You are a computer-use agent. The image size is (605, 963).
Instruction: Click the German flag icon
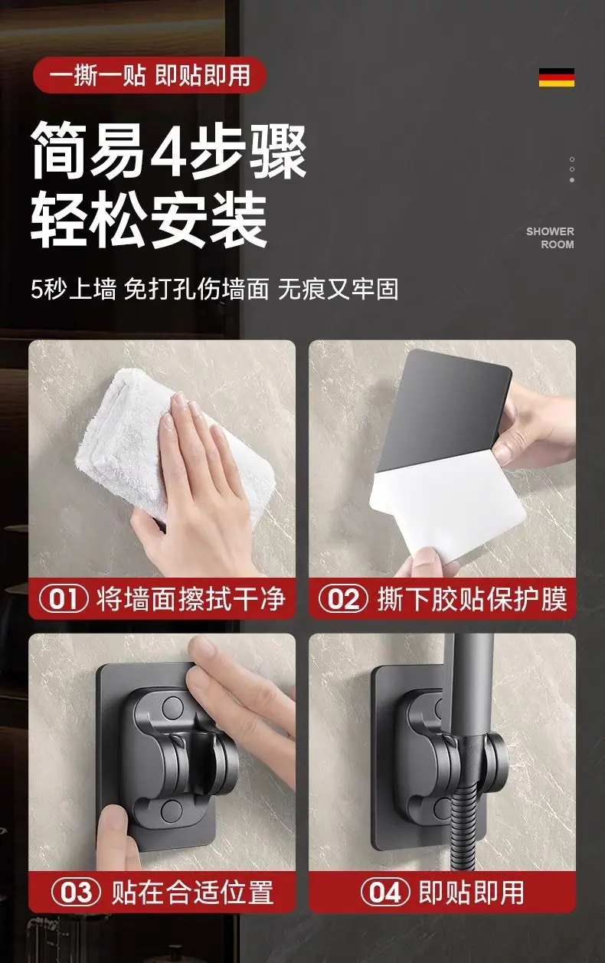coord(557,77)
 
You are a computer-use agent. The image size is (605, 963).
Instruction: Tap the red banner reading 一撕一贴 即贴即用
coord(149,75)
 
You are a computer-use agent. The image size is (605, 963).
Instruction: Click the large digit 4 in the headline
coord(169,150)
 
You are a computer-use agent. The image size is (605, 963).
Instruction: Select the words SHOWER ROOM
coord(550,237)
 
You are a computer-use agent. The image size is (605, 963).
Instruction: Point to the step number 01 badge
coord(64,599)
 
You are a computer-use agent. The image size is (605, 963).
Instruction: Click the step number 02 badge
coord(343,599)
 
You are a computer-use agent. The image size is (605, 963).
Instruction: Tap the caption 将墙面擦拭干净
coord(191,599)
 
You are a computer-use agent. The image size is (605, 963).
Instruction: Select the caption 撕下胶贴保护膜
coord(472,599)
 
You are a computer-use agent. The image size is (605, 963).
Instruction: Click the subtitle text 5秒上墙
coord(74,289)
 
